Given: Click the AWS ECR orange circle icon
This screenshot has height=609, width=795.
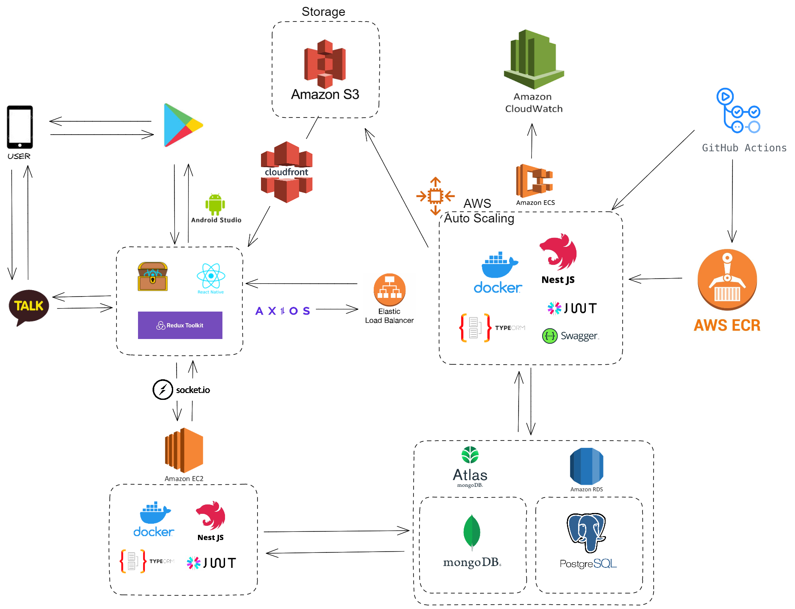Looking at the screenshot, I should (727, 279).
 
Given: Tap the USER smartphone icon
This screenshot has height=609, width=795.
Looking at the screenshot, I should (20, 127).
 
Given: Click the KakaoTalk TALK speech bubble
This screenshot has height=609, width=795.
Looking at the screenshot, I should (29, 306).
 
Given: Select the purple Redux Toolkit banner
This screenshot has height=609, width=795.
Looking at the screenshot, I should (180, 325).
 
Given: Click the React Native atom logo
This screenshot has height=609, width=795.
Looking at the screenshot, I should (210, 276).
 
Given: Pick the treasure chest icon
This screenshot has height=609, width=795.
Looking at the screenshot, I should (153, 276).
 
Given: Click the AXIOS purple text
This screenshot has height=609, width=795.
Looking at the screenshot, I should (282, 311).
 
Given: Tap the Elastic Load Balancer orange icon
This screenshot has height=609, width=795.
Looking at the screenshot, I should (389, 289).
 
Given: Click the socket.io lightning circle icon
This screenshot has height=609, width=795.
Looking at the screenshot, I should (163, 390).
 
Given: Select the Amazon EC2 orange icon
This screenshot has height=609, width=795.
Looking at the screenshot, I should (184, 450).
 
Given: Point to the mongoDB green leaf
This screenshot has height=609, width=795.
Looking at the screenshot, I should (471, 532).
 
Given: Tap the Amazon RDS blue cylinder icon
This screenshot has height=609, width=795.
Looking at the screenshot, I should (586, 466).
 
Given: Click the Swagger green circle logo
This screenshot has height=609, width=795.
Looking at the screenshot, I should (550, 336).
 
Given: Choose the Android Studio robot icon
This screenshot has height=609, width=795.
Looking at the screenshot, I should (215, 204).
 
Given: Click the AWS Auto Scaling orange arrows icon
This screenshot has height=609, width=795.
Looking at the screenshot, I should (435, 196).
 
